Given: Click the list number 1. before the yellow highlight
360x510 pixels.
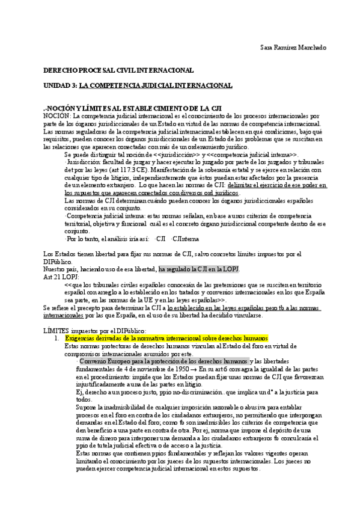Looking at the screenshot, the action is coord(56,339).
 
